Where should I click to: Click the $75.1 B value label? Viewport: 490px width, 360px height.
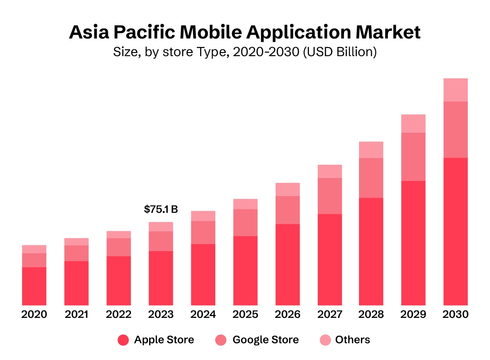click(160, 209)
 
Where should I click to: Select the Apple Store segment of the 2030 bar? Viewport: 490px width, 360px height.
click(455, 231)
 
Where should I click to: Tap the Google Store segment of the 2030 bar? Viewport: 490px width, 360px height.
click(455, 130)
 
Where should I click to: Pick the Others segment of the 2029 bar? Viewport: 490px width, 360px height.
click(413, 123)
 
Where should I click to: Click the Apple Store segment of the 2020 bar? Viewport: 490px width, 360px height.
click(34, 286)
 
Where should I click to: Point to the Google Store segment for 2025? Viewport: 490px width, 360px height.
click(245, 222)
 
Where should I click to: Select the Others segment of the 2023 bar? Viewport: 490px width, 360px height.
click(160, 226)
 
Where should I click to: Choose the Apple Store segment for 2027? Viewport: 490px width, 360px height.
click(330, 259)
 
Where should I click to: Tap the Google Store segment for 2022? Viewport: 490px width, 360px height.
click(118, 247)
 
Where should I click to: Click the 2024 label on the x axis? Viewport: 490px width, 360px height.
click(203, 314)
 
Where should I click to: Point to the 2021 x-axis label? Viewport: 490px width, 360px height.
click(76, 314)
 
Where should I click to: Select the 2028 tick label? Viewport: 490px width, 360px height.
click(371, 314)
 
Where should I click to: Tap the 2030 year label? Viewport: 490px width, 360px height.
click(455, 314)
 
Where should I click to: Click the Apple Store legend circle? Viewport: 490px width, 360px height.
click(123, 340)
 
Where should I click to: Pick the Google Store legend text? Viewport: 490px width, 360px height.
click(265, 340)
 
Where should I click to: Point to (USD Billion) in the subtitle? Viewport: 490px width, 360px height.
click(340, 52)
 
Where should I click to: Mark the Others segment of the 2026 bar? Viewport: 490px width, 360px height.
click(287, 189)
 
